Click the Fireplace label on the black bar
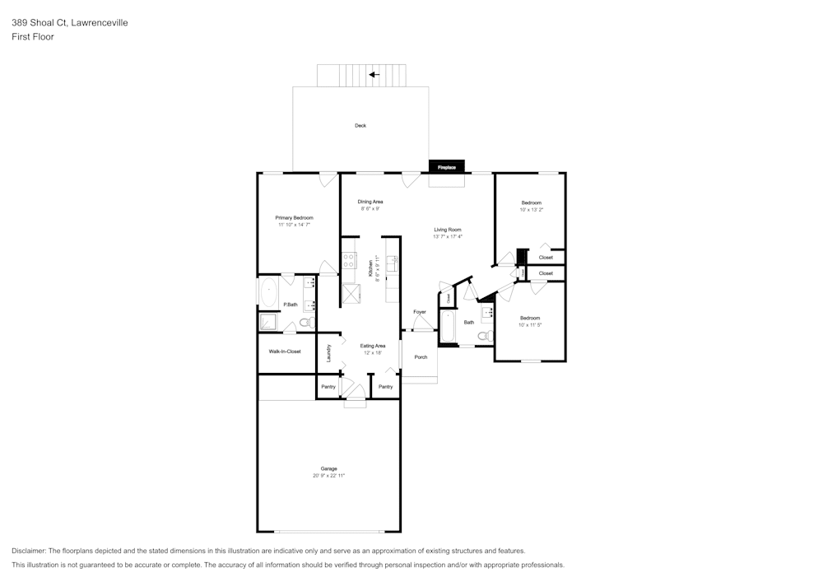446,167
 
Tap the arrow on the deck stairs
374,75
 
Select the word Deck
360,126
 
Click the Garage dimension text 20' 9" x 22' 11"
328,476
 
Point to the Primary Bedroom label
294,217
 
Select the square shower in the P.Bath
268,322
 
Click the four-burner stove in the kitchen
349,262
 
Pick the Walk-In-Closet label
285,352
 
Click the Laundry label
328,353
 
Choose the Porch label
421,357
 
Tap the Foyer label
420,312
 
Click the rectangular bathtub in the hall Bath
449,327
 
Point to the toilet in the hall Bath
486,335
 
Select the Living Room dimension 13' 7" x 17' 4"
448,236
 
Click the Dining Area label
370,202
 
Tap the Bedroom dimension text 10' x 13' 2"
531,210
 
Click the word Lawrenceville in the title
100,23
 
